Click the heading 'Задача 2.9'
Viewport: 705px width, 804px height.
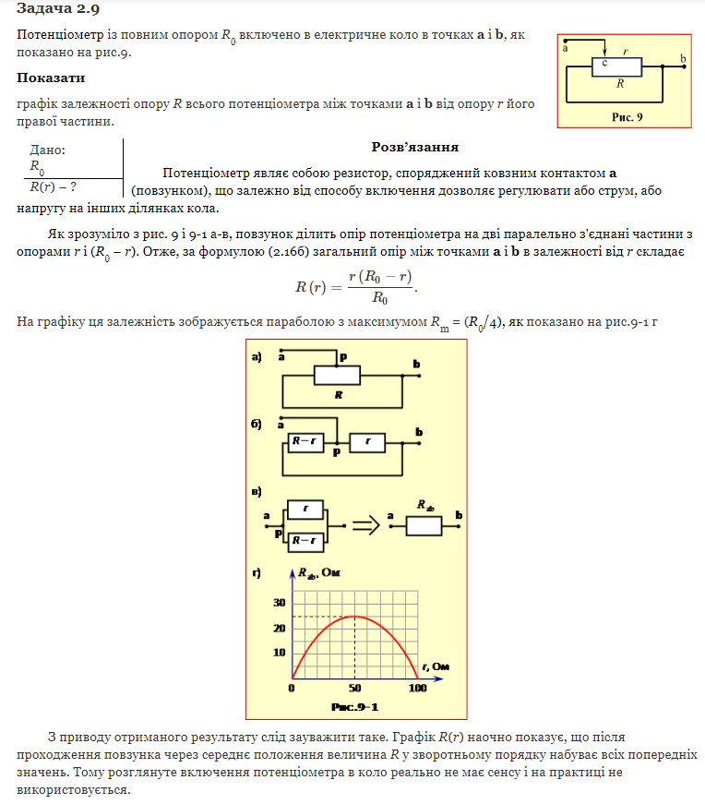(54, 8)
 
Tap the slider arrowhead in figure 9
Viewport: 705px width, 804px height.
(603, 53)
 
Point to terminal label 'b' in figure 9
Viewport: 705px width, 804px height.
(683, 58)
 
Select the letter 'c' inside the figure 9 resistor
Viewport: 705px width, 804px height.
(604, 63)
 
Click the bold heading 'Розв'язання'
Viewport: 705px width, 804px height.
(415, 147)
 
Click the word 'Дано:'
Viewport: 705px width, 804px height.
(48, 150)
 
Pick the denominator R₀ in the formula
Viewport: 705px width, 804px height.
(379, 298)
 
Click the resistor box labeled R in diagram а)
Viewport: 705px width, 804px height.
(339, 375)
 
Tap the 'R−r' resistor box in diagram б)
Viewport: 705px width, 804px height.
(305, 441)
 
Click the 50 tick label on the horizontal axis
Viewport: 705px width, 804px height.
(355, 689)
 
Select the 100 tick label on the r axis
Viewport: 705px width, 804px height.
(417, 689)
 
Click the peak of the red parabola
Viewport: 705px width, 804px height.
(355, 617)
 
